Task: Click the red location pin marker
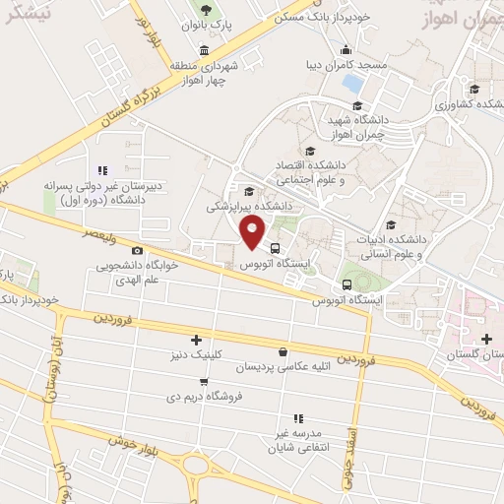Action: click(x=253, y=232)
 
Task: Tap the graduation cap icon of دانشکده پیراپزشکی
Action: click(x=249, y=191)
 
